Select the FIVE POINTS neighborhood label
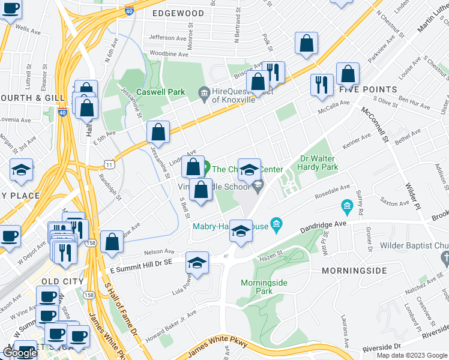coord(368,89)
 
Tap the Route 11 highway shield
coord(109,164)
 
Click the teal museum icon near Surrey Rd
coord(346,208)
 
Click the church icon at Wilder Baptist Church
coord(445,258)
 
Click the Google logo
coord(20,353)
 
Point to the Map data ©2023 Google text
coord(412,355)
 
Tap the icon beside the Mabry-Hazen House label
coord(276,226)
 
